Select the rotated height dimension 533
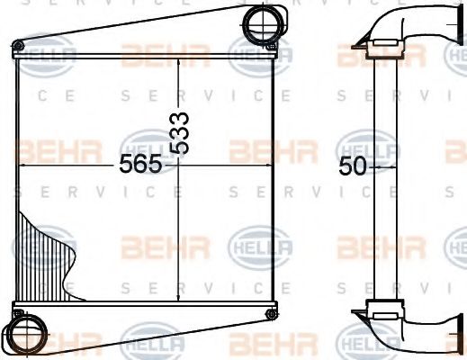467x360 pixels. tap(181, 133)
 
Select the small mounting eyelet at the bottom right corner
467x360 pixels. tap(270, 312)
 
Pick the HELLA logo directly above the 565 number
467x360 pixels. tap(146, 143)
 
